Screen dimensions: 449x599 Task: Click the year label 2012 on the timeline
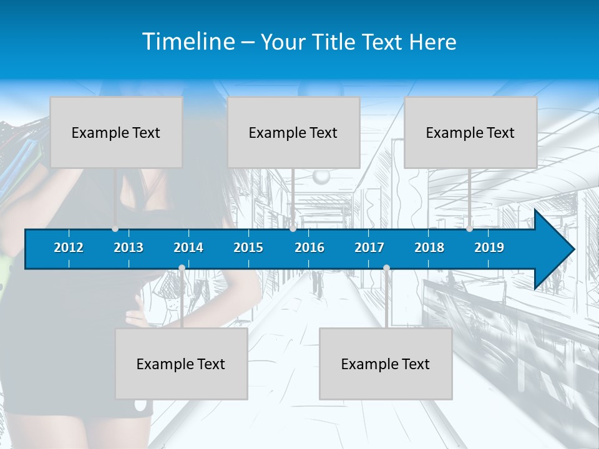click(69, 248)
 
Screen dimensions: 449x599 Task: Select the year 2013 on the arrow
click(129, 248)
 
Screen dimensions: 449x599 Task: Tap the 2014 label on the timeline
click(188, 248)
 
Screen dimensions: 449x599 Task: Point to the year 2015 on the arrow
click(248, 248)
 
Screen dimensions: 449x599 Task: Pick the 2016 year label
click(309, 248)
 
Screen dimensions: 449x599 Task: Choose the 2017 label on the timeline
click(369, 248)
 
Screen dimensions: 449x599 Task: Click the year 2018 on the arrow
click(429, 248)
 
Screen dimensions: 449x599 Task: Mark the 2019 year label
click(489, 248)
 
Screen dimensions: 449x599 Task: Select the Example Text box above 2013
click(116, 132)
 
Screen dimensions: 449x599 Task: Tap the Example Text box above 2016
click(293, 132)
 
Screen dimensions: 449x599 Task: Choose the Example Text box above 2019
click(470, 132)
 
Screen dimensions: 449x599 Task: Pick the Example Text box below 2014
click(181, 364)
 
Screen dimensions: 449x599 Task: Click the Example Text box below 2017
click(386, 364)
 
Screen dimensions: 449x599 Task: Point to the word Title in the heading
click(337, 42)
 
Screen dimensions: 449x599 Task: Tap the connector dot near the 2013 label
click(115, 229)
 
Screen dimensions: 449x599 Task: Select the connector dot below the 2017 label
click(386, 268)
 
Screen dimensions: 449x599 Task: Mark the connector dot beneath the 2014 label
click(182, 268)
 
